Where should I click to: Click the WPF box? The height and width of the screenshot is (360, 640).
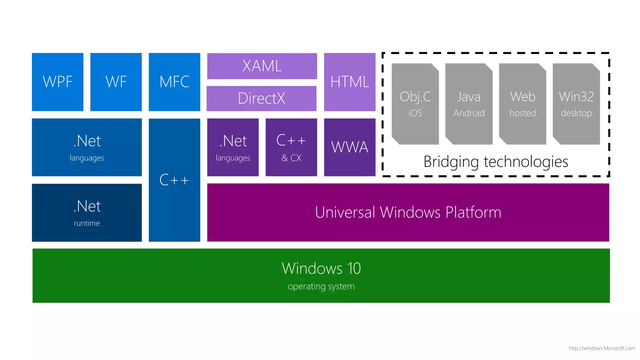(57, 82)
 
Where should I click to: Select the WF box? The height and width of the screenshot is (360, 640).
(116, 82)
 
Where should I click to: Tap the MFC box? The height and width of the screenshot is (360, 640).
(174, 82)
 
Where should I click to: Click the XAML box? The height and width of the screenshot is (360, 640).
(262, 66)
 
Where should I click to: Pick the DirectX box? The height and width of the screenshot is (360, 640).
(262, 98)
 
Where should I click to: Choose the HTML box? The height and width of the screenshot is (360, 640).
(350, 82)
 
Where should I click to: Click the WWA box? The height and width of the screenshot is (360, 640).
(350, 147)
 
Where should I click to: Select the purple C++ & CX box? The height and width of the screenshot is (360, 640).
(291, 147)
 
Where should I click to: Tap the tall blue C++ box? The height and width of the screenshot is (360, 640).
(174, 180)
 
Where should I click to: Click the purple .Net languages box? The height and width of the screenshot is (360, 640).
(233, 147)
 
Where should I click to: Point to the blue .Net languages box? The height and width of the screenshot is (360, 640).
(87, 147)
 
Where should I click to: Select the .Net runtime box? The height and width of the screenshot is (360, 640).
(87, 212)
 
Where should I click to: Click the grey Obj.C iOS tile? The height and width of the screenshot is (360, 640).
(415, 104)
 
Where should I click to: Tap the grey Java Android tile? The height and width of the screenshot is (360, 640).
(469, 104)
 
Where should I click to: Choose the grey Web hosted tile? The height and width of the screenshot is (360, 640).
(522, 104)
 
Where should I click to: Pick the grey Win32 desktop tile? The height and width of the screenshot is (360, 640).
(576, 104)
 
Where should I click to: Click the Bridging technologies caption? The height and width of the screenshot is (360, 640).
(496, 162)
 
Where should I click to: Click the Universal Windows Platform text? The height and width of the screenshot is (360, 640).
(408, 212)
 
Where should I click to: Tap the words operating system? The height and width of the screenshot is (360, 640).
(321, 286)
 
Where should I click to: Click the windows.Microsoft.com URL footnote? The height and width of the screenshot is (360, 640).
(602, 348)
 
